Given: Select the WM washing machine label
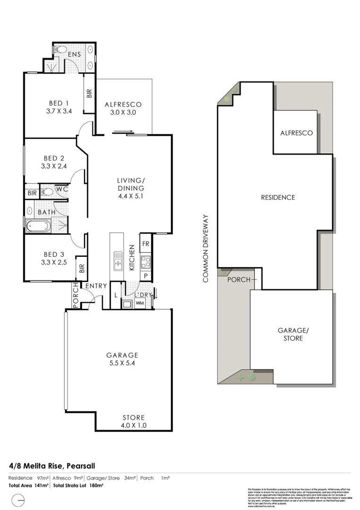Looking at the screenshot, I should (x=139, y=303).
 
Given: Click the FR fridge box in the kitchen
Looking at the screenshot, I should (x=145, y=244).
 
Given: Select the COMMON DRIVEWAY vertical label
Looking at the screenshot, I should (x=205, y=248).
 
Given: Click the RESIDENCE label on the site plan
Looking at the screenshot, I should (x=278, y=197).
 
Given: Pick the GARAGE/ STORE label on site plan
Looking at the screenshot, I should (x=290, y=334).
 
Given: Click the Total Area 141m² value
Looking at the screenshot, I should (x=29, y=485).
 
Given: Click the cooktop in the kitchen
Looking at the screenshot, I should (x=145, y=262).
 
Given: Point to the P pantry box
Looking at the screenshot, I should (x=146, y=275).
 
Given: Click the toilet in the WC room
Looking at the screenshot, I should (x=47, y=192).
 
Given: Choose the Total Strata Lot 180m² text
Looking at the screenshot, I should (x=78, y=485).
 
